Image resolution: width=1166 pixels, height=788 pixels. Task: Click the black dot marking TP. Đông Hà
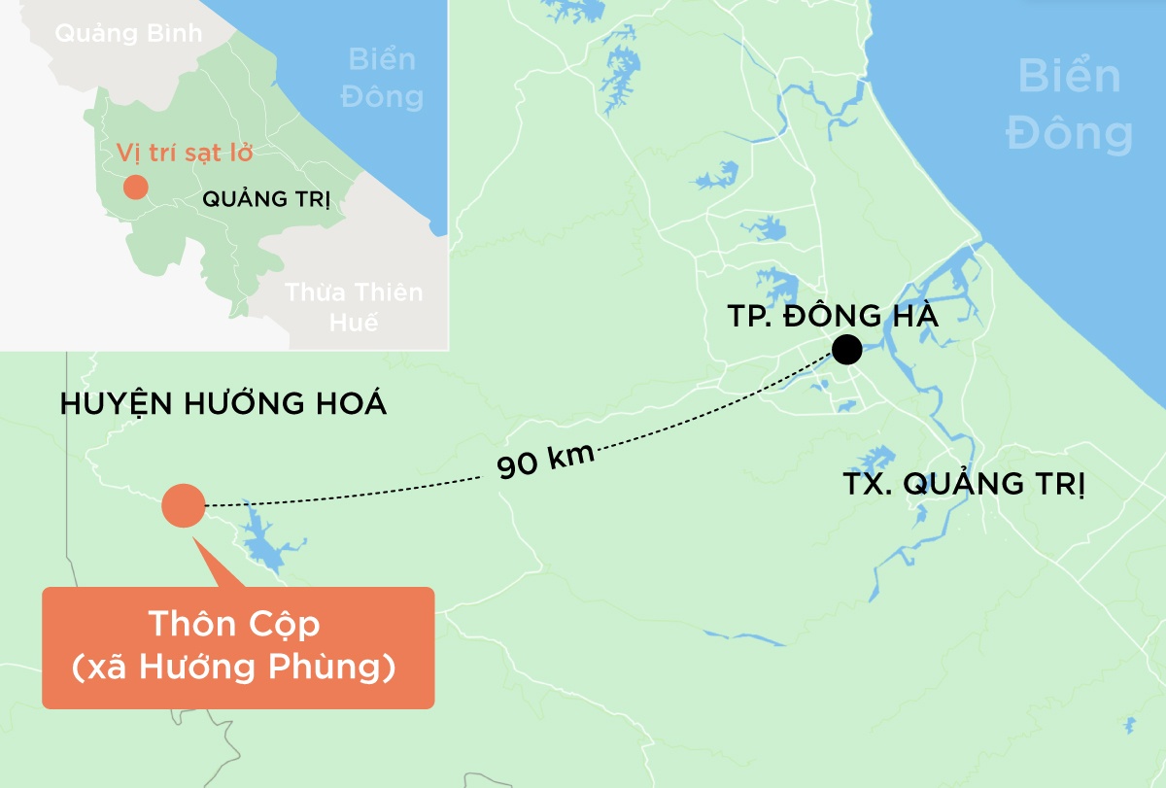[846, 350]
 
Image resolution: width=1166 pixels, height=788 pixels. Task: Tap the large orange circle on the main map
[183, 505]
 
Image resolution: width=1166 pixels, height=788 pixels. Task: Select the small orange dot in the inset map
[135, 187]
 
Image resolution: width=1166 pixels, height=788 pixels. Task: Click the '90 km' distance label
[545, 458]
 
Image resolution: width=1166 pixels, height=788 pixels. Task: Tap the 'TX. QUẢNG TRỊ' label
[962, 484]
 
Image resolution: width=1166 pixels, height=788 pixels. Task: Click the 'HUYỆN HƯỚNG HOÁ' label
[223, 404]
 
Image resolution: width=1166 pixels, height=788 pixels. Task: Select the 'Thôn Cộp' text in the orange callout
[233, 625]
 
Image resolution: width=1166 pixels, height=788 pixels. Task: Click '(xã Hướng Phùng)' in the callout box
[234, 668]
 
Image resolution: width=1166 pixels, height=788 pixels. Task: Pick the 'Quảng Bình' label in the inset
[128, 33]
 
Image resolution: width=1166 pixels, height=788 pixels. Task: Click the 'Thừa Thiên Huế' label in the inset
[355, 306]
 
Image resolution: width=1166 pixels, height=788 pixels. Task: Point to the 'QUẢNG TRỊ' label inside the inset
[266, 200]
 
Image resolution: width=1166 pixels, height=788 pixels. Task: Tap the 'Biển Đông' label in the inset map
[386, 78]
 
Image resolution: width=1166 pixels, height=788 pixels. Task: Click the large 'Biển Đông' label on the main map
[1070, 105]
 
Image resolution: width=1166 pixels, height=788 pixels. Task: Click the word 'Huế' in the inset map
[354, 324]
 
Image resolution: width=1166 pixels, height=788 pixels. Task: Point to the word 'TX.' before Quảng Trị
[865, 484]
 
